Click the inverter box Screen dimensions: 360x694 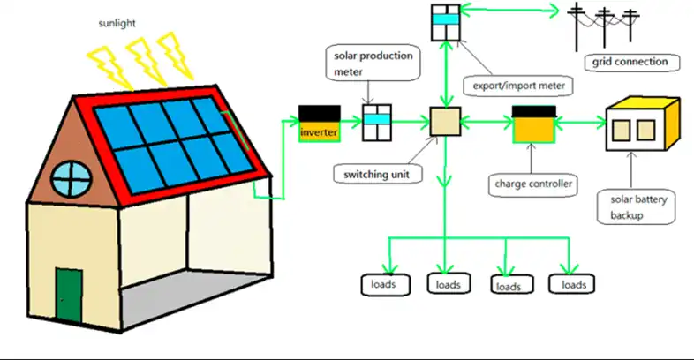[319, 124]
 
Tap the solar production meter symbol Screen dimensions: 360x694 [377, 122]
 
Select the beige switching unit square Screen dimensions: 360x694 [444, 121]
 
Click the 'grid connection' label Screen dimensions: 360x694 [631, 63]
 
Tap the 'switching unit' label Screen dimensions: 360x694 [378, 174]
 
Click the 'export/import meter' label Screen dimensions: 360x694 [519, 86]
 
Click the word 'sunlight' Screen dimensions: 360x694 [119, 22]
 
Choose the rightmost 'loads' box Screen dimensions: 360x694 [573, 285]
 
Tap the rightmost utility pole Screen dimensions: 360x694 [630, 22]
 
